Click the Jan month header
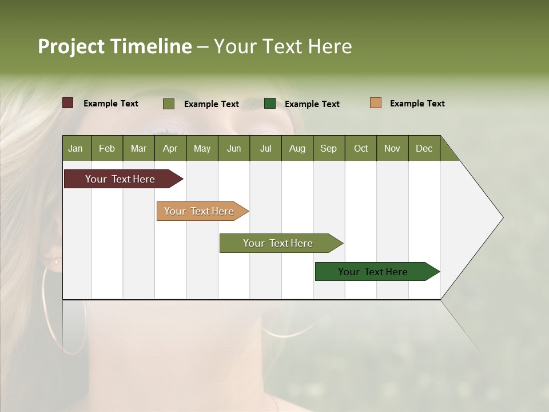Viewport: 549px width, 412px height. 76,148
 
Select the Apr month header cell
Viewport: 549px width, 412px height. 170,148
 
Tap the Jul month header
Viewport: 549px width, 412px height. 265,148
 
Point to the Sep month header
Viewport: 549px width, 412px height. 329,148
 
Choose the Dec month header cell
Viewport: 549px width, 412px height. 424,148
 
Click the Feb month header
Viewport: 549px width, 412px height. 107,148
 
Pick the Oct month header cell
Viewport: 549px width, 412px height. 361,148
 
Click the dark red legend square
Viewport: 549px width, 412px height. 68,103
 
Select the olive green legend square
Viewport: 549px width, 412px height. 169,104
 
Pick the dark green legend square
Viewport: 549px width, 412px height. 270,104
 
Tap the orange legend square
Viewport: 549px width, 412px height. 375,103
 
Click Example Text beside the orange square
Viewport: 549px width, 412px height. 417,104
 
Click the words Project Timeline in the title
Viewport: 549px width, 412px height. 115,46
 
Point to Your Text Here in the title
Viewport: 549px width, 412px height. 283,46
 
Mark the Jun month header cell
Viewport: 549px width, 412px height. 234,148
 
